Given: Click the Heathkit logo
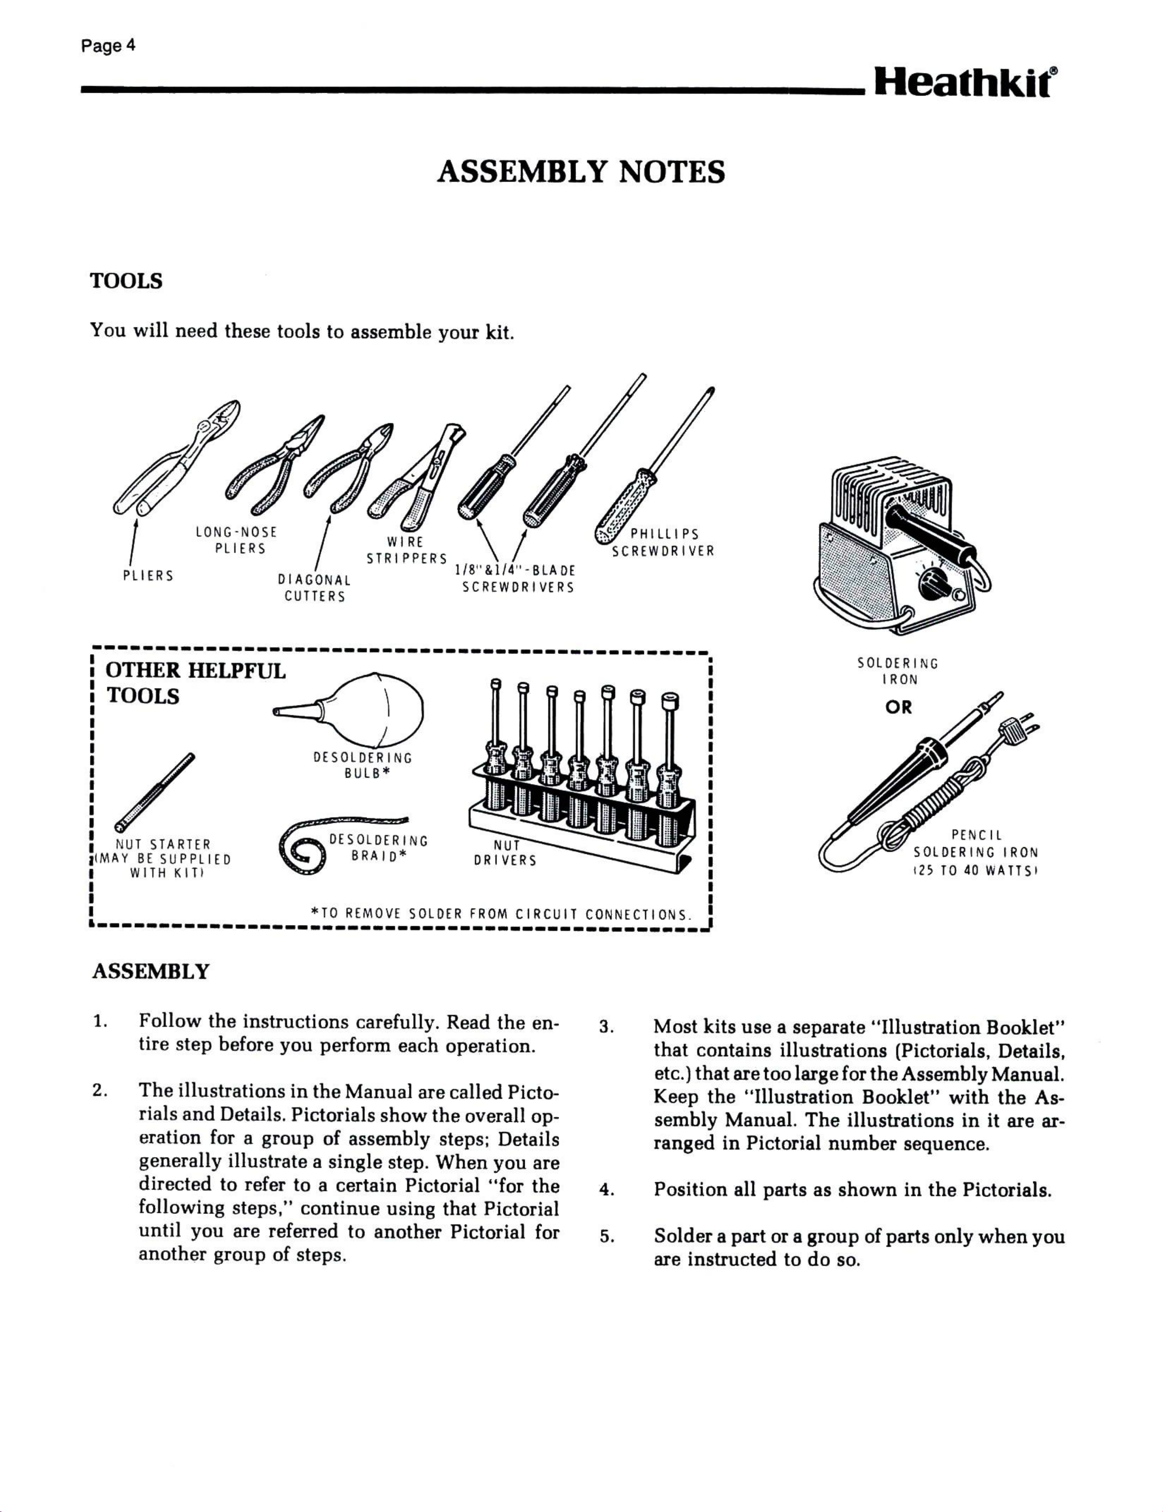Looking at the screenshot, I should pyautogui.click(x=965, y=85).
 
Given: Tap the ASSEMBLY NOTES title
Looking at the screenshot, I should pyautogui.click(x=581, y=172).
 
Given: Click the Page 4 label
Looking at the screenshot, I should pyautogui.click(x=108, y=47).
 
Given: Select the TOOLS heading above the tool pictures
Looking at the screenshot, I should pyautogui.click(x=127, y=281).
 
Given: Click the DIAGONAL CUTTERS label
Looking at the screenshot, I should pyautogui.click(x=314, y=588).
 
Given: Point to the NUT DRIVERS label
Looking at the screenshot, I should pyautogui.click(x=506, y=852).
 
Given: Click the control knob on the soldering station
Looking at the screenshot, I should pyautogui.click(x=933, y=588).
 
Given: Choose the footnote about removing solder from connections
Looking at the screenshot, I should pyautogui.click(x=502, y=914).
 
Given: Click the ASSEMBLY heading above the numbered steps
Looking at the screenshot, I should pyautogui.click(x=150, y=971).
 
